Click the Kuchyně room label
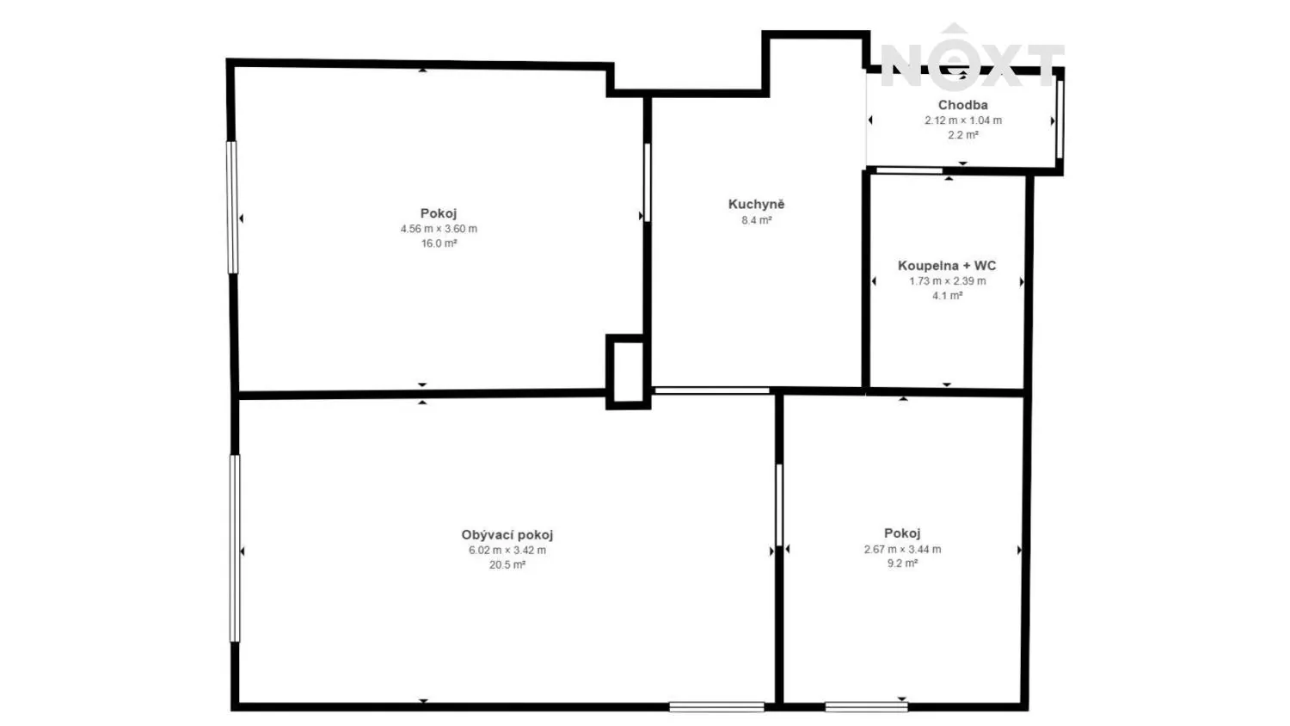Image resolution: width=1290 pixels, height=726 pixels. coord(756,204)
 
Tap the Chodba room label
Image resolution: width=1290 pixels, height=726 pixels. coord(963,105)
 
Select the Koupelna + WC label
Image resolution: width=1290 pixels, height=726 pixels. coord(947,266)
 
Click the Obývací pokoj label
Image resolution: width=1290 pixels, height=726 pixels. coord(507,535)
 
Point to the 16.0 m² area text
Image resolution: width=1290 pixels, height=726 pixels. coord(439,243)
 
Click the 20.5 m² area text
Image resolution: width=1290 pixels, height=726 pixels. coord(507,564)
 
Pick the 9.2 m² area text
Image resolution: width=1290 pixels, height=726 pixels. coord(902,563)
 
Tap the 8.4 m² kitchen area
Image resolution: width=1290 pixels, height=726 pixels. coord(756,220)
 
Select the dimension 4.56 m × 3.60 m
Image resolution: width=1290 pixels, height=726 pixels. coord(439,229)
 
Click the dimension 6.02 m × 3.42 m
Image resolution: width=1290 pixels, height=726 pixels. coord(507,551)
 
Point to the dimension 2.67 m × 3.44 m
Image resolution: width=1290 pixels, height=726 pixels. coord(902,549)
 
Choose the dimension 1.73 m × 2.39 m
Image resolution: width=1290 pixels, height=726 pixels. coord(948,281)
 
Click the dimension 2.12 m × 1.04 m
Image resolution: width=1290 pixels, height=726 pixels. coord(963,120)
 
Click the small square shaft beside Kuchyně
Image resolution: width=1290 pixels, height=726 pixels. coord(628,372)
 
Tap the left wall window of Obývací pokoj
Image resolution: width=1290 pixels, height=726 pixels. coord(235,549)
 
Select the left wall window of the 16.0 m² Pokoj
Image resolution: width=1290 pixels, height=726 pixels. coord(232,207)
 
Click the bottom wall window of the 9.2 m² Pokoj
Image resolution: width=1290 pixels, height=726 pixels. coord(866,706)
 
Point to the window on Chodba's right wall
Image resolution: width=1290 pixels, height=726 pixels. coord(1060,119)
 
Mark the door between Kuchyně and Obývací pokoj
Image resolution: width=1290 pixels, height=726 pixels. coord(712,391)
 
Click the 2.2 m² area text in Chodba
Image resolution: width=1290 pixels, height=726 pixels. coord(963,135)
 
